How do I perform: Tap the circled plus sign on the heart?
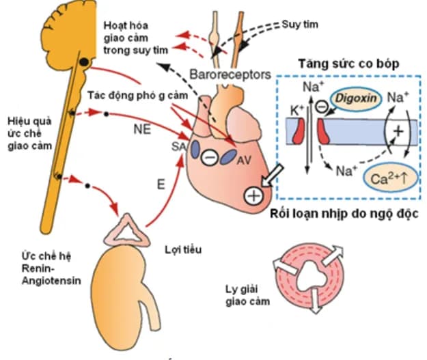pyautogui.click(x=253, y=196)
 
